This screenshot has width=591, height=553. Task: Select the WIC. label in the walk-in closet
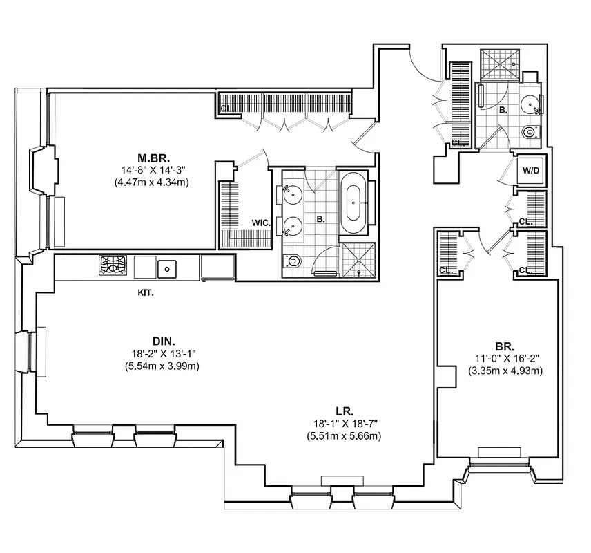(260, 223)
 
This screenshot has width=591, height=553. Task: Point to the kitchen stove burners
(114, 265)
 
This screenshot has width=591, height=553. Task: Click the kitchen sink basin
(167, 267)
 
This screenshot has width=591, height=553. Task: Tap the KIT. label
(146, 293)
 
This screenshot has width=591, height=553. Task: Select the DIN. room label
(164, 341)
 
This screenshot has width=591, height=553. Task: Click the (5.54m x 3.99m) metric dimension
(164, 366)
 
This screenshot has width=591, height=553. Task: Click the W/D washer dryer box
(530, 169)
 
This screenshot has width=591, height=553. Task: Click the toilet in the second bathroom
(530, 132)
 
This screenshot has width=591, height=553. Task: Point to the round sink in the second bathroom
(530, 102)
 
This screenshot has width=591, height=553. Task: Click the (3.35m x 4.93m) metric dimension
(505, 371)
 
